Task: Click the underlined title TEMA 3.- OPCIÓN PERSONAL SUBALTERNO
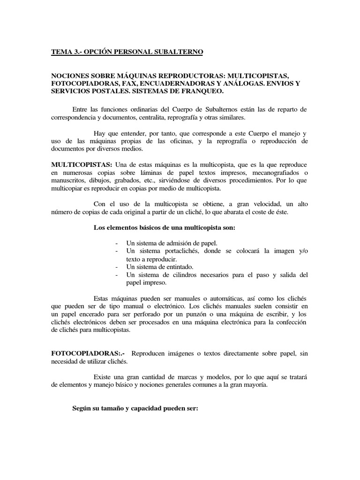[x=127, y=52]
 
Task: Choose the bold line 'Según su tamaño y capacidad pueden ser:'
[x=135, y=408]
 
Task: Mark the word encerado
[x=92, y=314]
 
